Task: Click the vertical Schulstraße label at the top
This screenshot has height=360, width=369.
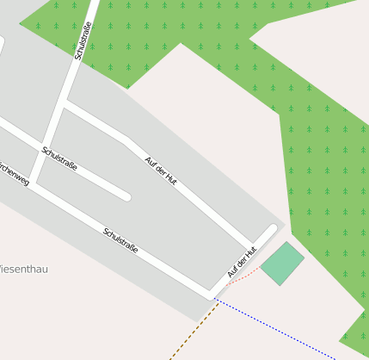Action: (83, 40)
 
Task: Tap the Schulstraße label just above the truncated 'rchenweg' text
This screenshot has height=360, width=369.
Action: (58, 158)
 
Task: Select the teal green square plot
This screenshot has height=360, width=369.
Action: (282, 264)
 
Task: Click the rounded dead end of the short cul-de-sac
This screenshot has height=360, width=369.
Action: (126, 196)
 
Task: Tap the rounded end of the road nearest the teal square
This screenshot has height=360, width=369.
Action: (273, 228)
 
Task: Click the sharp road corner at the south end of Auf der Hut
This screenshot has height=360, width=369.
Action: (212, 292)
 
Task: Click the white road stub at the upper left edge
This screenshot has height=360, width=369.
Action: (1, 43)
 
